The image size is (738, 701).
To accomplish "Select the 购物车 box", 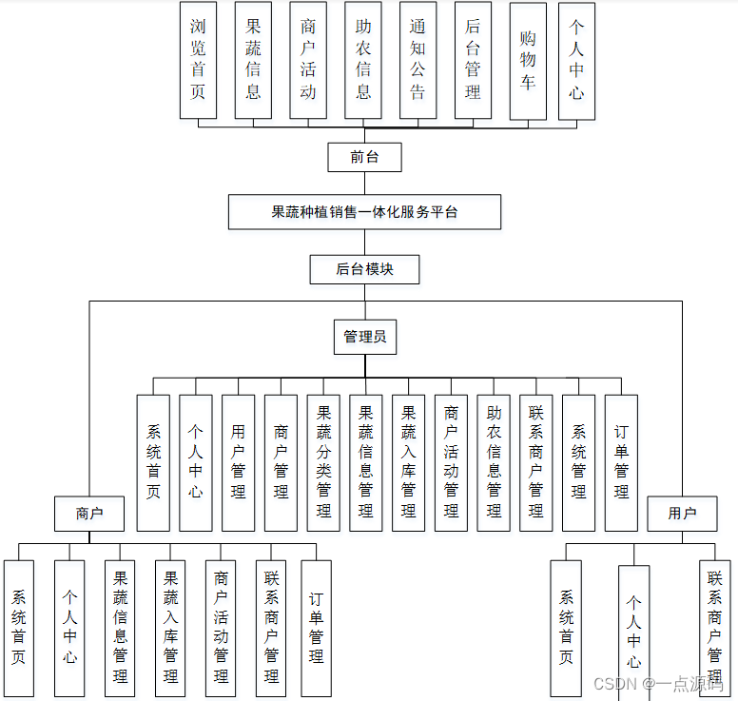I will (528, 61).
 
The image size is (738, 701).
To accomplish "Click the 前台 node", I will (364, 157).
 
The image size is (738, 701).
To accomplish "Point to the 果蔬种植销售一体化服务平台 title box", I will (364, 212).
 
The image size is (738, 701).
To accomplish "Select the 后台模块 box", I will (364, 269).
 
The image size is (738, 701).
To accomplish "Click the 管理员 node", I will (364, 336).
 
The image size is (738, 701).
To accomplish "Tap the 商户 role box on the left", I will (89, 514).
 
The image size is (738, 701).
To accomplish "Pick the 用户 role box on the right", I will (682, 514).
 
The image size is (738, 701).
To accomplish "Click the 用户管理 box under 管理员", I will (239, 462).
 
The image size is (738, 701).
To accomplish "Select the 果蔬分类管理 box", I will (323, 462).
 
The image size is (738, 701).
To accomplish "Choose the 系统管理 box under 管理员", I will (578, 462).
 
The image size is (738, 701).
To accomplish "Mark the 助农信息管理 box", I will (494, 462).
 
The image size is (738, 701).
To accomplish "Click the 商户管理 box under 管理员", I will (281, 462).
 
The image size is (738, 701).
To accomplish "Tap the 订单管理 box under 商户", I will (317, 628).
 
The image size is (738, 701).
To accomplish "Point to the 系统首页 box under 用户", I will (567, 628).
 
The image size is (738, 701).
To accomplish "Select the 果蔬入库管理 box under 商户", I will (170, 628).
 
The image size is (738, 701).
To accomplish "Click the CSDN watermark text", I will (616, 684).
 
